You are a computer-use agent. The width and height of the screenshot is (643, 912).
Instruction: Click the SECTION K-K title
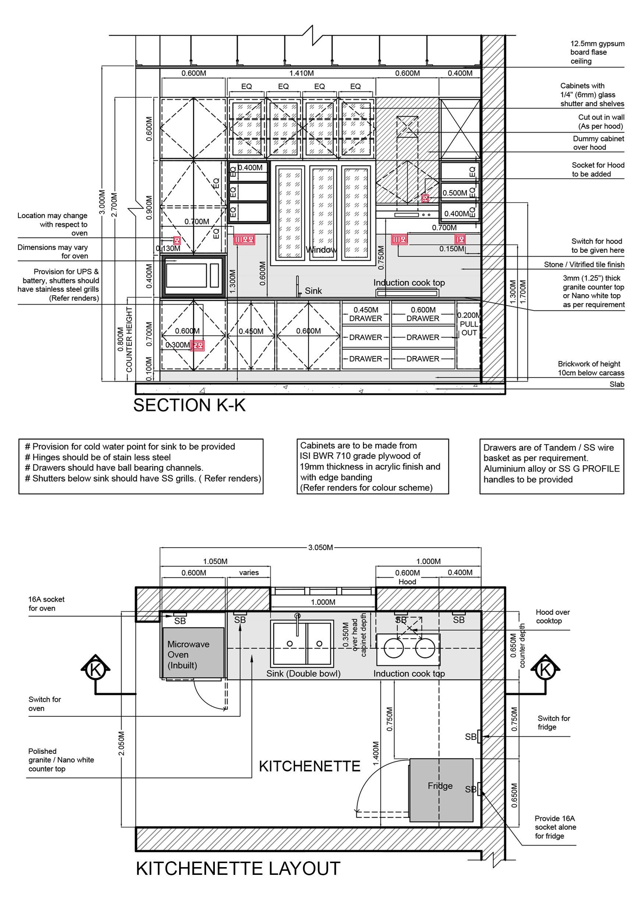(189, 405)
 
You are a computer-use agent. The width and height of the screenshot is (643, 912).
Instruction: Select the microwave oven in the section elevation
(193, 275)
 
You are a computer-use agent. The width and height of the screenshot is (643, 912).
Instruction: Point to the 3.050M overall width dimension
(320, 547)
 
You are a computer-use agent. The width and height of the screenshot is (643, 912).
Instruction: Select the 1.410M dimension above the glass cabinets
(301, 73)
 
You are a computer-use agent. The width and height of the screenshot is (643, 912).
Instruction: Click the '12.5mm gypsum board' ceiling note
(597, 53)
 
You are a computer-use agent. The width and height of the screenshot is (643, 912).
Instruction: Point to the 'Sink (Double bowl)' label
(303, 674)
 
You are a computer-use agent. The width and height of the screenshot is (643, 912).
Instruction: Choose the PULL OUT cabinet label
(469, 328)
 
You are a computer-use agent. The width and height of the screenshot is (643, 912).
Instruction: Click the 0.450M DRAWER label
(366, 314)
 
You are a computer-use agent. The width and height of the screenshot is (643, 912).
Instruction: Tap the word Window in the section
(321, 250)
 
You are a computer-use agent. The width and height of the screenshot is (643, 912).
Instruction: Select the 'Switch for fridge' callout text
(553, 723)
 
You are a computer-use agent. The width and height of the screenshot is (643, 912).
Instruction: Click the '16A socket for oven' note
(46, 603)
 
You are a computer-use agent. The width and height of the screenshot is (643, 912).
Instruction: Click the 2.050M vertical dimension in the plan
(122, 743)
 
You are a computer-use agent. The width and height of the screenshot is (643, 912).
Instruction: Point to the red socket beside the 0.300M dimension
(198, 346)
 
